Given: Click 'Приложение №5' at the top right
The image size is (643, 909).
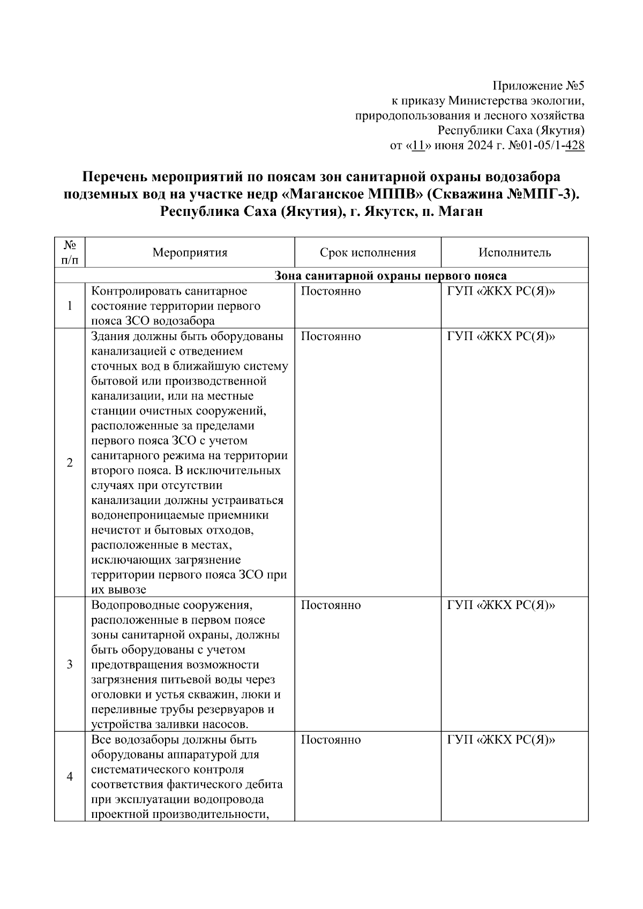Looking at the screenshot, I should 538,86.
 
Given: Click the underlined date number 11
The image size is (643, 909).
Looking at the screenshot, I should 418,146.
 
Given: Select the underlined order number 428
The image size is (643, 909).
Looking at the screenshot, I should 574,146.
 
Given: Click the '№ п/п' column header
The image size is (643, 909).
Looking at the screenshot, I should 70,252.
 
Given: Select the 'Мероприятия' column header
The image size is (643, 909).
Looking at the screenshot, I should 190,253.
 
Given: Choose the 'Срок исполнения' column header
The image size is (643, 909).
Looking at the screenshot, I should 368,253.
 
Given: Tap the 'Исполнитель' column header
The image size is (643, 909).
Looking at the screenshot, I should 514,253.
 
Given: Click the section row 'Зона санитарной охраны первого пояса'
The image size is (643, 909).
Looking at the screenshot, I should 390,276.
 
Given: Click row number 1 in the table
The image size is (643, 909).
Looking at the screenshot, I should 70,306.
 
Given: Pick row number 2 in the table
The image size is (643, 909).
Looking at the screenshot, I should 70,463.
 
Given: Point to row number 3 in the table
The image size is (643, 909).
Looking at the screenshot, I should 70,665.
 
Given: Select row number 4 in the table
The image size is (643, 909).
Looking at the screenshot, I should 70,777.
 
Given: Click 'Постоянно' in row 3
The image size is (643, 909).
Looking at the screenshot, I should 331,605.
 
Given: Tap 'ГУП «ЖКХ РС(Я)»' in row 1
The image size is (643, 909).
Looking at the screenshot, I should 501,291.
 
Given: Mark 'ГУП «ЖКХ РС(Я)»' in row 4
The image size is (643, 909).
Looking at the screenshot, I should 501,740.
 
